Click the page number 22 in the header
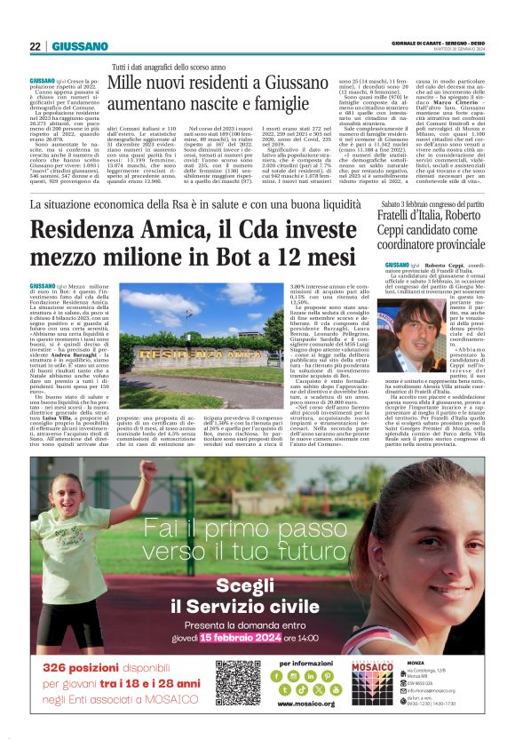coord(35,46)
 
